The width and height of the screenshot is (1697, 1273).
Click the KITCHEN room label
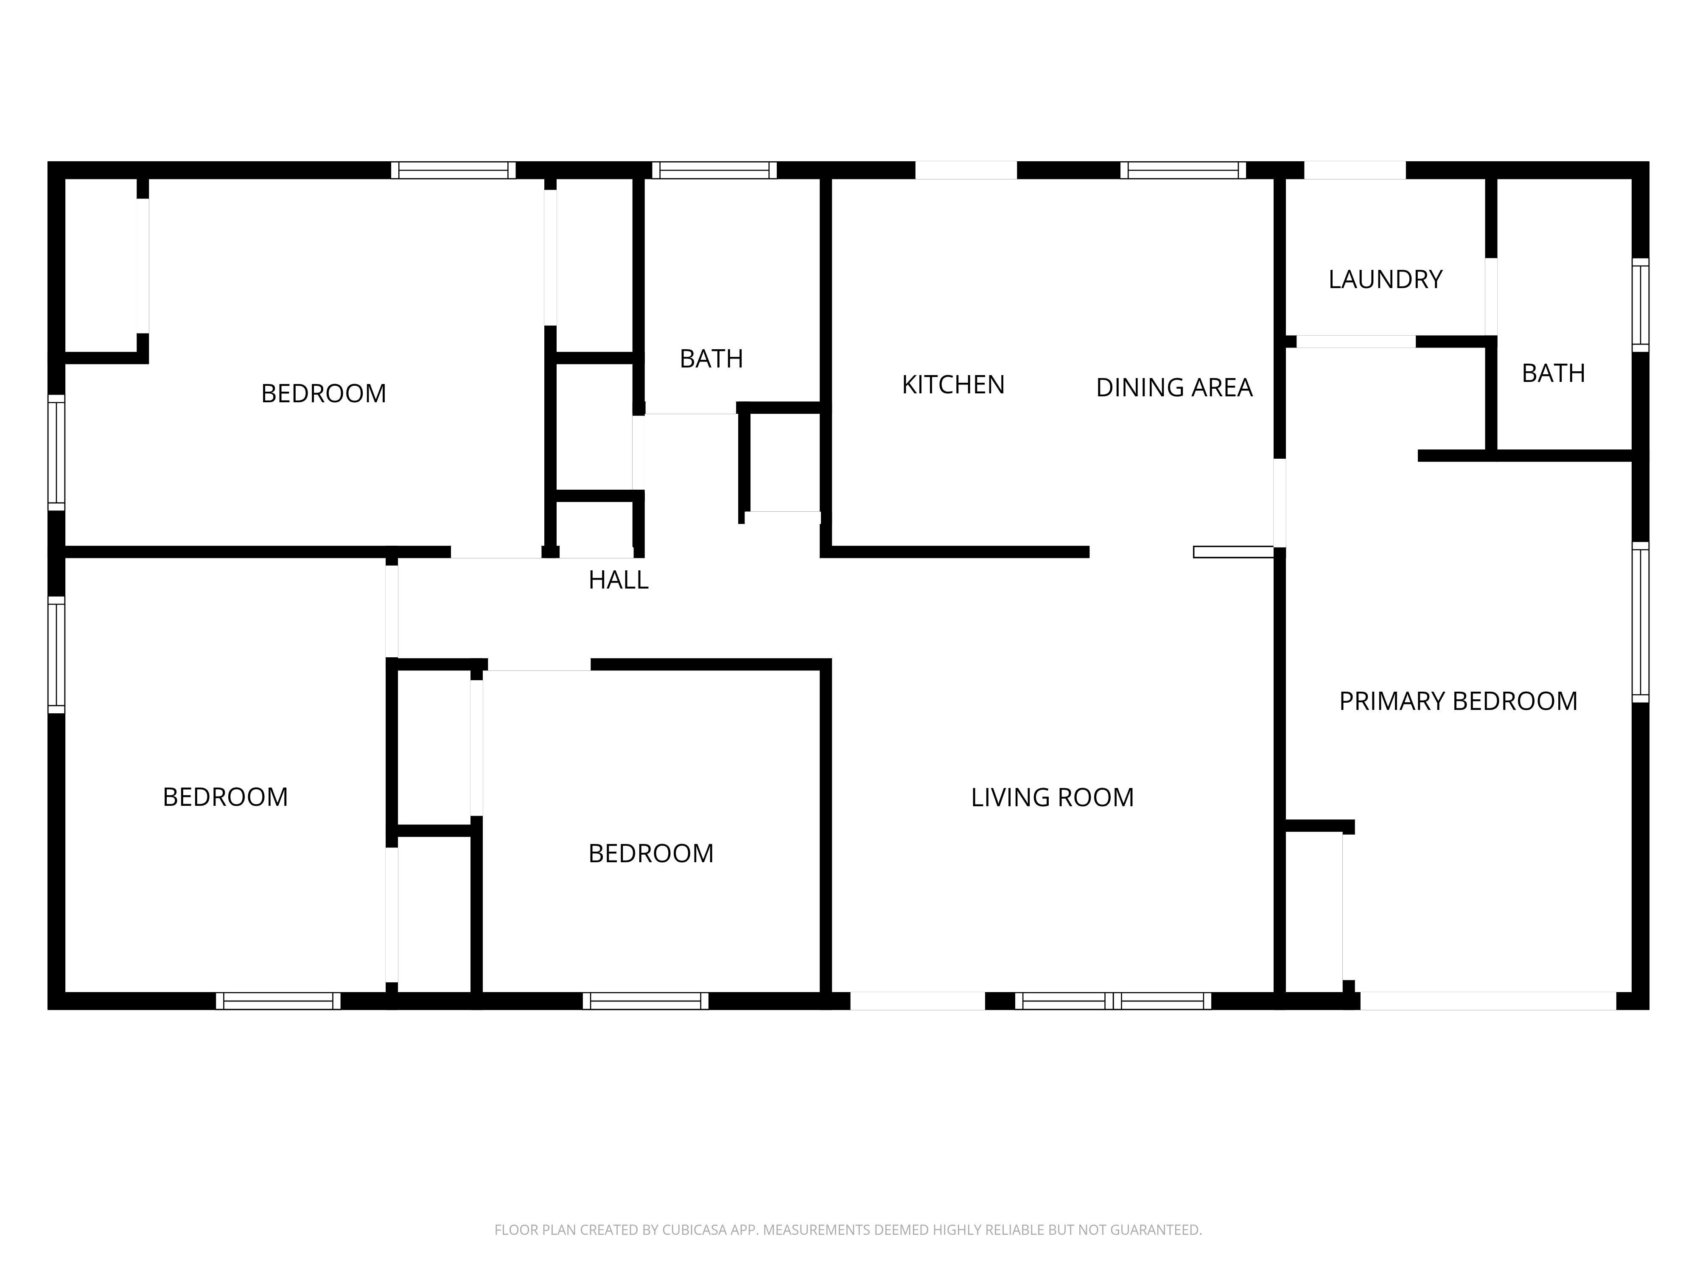(x=953, y=384)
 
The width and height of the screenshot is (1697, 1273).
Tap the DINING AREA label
(x=1174, y=387)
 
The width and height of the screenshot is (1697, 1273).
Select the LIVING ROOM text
(x=1052, y=797)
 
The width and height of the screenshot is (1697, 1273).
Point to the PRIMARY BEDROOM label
(x=1458, y=701)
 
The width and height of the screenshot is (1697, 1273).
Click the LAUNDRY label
(x=1385, y=279)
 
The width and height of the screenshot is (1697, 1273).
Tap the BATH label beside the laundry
(x=1553, y=373)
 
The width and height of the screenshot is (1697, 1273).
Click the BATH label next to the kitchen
(x=711, y=358)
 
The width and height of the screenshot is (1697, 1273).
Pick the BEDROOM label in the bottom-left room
(x=225, y=796)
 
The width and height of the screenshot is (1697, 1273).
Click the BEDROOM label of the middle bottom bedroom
(x=650, y=853)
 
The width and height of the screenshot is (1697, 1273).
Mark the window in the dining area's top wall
(x=1183, y=170)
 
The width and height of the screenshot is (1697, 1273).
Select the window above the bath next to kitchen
(x=714, y=170)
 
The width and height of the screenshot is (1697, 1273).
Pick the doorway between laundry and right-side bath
(x=1491, y=297)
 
